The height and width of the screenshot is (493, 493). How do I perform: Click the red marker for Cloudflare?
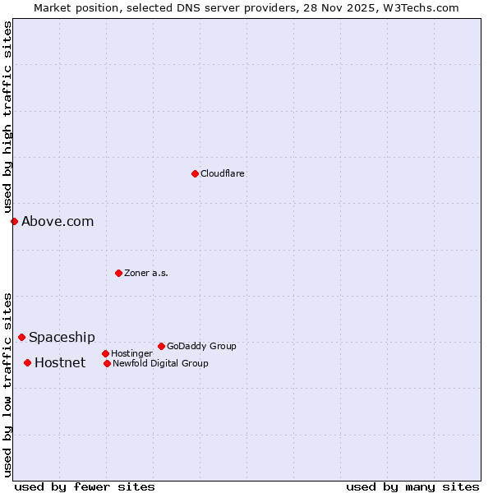click(x=195, y=173)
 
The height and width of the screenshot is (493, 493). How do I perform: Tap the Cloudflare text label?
click(x=223, y=174)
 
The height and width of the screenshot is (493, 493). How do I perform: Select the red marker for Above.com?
click(x=14, y=221)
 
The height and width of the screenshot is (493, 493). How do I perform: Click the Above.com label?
click(x=58, y=221)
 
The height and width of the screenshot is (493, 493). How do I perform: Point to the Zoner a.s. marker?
click(x=118, y=273)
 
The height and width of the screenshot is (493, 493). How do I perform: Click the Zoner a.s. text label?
click(x=146, y=274)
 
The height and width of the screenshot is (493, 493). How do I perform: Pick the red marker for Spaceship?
click(x=21, y=337)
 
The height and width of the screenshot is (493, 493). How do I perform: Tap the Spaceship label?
click(x=62, y=338)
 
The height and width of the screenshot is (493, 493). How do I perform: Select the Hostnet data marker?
click(x=27, y=362)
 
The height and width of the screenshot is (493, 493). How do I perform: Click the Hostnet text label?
click(x=60, y=363)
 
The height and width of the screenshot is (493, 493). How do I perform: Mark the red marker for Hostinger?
click(x=105, y=353)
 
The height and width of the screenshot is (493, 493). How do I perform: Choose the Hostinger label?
click(x=131, y=354)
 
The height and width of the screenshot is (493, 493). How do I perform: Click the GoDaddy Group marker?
click(x=161, y=346)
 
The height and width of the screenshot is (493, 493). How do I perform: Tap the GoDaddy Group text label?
click(x=201, y=347)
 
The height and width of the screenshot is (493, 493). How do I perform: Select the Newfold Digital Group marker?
click(x=107, y=363)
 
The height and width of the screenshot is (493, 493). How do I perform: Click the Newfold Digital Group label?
click(x=160, y=364)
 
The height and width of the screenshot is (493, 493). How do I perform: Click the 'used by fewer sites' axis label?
click(x=85, y=486)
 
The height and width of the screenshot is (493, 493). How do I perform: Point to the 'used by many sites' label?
click(x=412, y=486)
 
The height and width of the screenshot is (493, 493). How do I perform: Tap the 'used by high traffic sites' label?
click(x=7, y=117)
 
